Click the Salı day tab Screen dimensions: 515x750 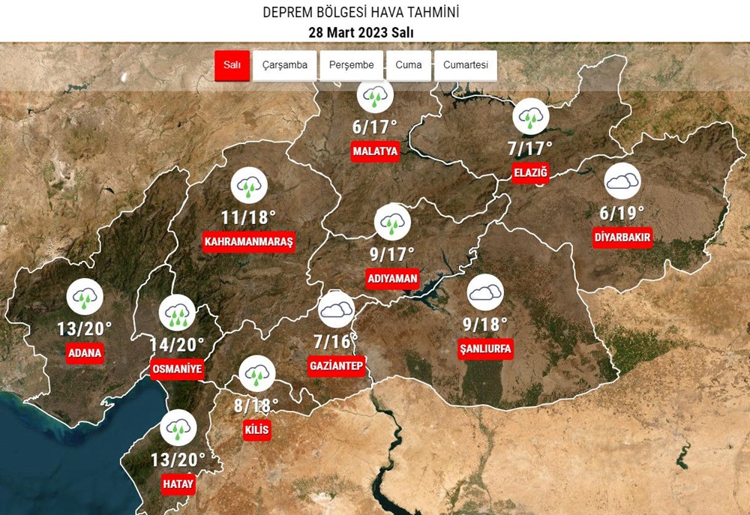[x=232, y=65]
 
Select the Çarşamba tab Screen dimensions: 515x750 [x=284, y=65]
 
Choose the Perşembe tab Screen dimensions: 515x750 [x=351, y=65]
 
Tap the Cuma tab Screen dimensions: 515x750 [x=409, y=65]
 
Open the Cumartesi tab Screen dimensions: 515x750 [x=465, y=65]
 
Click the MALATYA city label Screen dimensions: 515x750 [x=375, y=151]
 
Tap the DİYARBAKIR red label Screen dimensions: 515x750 [x=622, y=238]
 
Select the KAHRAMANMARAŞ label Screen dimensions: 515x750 [x=249, y=242]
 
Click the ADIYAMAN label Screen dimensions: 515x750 [x=392, y=278]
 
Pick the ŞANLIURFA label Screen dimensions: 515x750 [x=485, y=349]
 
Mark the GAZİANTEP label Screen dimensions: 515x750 [x=336, y=366]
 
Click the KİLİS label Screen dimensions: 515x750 [x=256, y=430]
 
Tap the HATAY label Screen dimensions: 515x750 [x=178, y=484]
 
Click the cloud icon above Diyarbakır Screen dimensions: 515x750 [x=622, y=181]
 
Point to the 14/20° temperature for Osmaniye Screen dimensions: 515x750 [x=177, y=345]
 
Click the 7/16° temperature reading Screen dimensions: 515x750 [x=336, y=342]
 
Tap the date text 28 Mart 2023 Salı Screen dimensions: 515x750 [x=361, y=32]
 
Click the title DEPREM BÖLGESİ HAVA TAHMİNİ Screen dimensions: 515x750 [x=361, y=13]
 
